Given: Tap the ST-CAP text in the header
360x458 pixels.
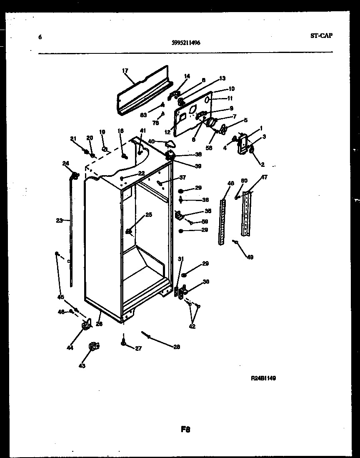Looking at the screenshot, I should [321, 36].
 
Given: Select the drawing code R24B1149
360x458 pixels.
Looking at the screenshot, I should [263, 378].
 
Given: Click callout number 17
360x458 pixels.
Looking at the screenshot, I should [125, 71].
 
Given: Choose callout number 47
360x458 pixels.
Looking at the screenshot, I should [264, 177].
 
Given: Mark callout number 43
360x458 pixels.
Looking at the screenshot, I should [82, 366].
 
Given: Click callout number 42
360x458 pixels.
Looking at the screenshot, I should [192, 327].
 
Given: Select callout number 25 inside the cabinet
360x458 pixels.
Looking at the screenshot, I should [148, 215].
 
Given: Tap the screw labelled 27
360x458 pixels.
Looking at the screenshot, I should [124, 342].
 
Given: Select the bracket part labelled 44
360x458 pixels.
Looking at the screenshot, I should [87, 324].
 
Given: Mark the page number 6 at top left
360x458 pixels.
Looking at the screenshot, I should [40, 37].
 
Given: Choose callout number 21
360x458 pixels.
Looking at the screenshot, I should [73, 138].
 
